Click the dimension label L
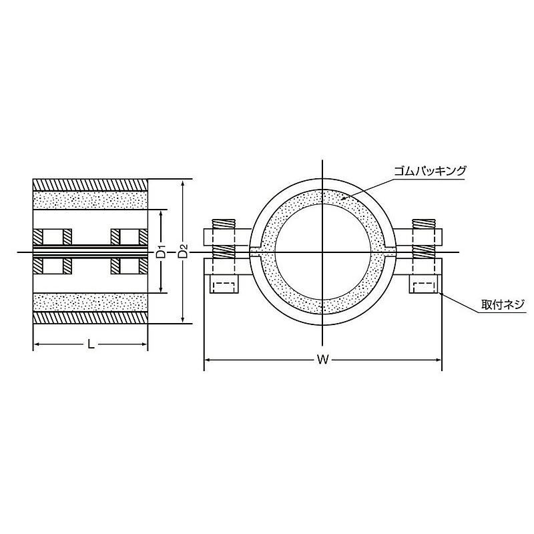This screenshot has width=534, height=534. point(91,344)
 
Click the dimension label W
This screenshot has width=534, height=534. point(322,359)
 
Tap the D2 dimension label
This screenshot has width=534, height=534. point(184,252)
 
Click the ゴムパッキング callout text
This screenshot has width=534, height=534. point(430,170)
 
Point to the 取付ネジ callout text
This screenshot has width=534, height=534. point(503,304)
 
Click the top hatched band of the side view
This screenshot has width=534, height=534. point(90,185)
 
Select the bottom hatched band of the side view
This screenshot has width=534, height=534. point(90,317)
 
